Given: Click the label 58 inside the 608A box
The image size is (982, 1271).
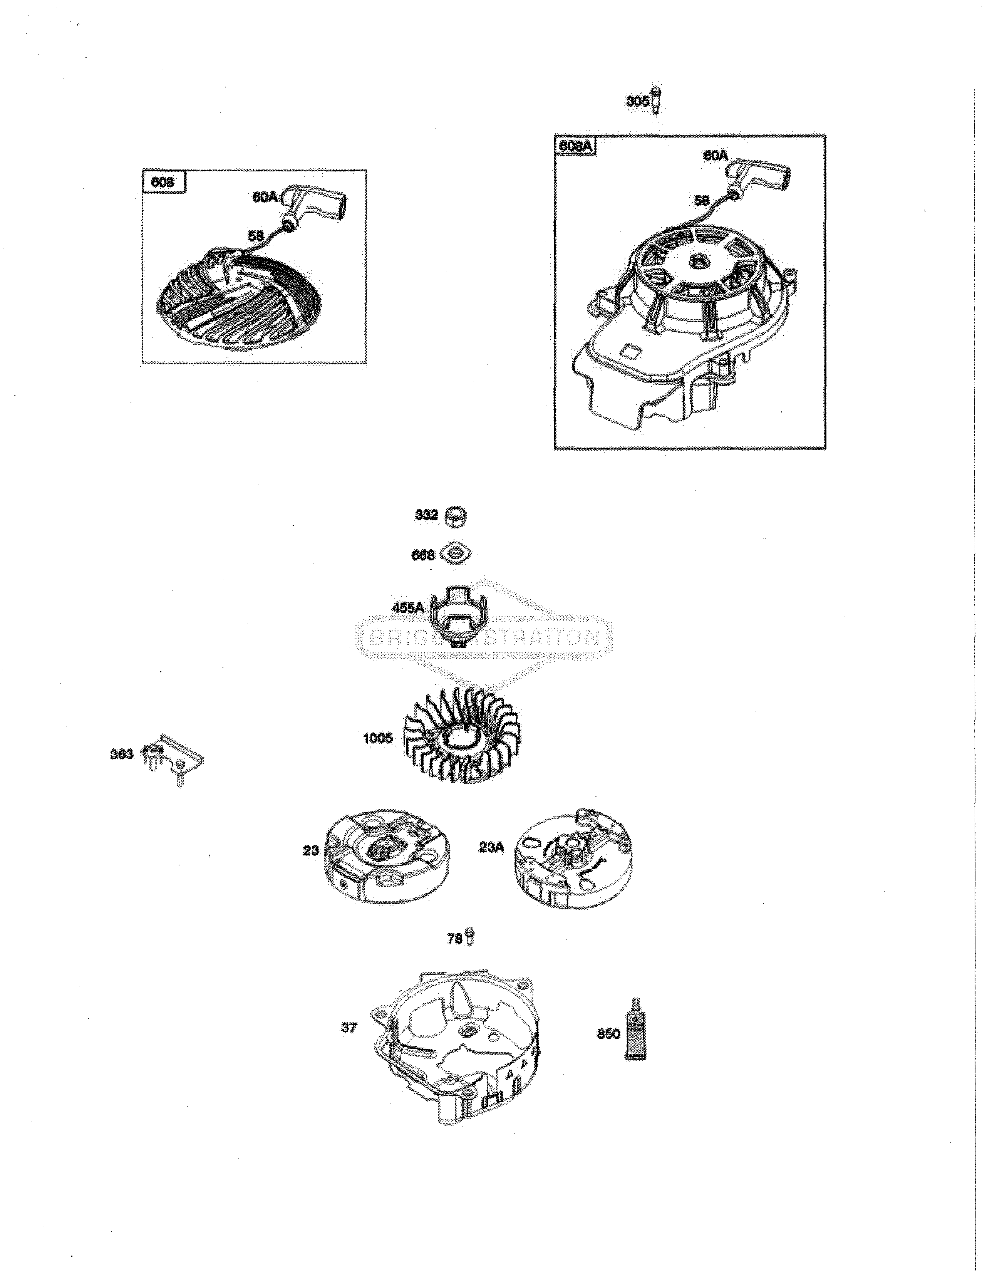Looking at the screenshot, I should coord(702,200).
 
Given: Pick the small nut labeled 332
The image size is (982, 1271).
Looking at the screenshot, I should coord(456,516).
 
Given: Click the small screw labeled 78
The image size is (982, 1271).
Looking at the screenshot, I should coord(470,937).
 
